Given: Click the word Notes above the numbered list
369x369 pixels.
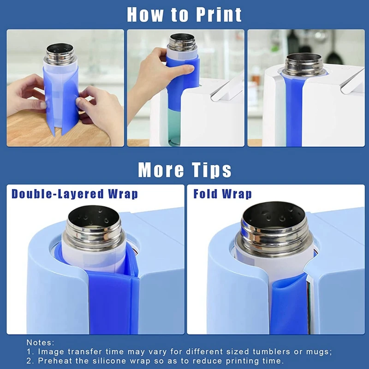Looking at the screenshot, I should [40, 342].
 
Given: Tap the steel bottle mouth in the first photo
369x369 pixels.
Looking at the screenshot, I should [61, 49].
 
